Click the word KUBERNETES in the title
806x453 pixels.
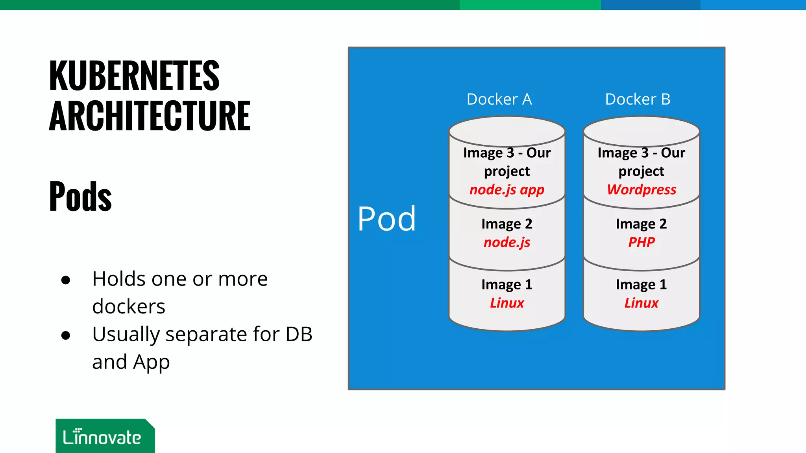tap(134, 75)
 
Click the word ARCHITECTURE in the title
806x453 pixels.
tap(150, 116)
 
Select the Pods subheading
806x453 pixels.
tap(81, 196)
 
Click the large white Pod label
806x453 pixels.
tap(386, 219)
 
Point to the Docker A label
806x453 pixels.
tap(499, 99)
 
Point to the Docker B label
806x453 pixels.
tap(638, 99)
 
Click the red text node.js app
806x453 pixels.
tap(507, 190)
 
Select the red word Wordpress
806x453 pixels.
tap(641, 190)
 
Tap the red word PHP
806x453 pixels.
tap(641, 242)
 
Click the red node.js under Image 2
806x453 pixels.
tap(507, 242)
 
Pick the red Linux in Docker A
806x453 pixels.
tap(507, 303)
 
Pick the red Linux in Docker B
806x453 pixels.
tap(641, 303)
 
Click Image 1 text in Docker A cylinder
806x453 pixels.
tap(507, 285)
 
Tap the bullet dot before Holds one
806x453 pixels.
tap(66, 280)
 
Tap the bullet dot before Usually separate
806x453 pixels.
tap(66, 335)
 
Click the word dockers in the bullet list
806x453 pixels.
tap(129, 307)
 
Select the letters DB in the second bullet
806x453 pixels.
tap(299, 335)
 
